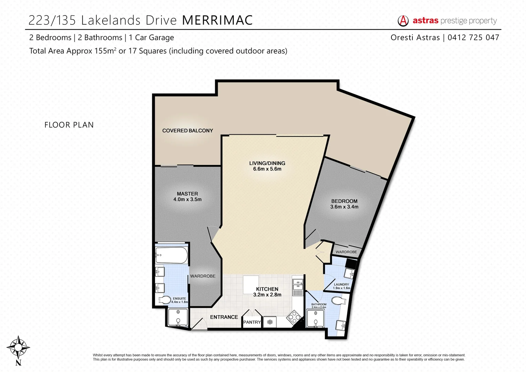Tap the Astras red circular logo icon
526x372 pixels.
point(403,21)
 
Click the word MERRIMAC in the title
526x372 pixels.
point(217,20)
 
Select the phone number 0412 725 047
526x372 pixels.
point(473,38)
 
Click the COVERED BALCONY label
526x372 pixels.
point(188,131)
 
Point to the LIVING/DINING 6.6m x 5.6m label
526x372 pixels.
point(267,166)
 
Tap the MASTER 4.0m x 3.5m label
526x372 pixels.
point(187,197)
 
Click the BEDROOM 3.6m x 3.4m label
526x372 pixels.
point(344,204)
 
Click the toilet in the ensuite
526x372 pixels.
point(165,300)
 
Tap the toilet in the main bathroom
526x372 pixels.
point(339,300)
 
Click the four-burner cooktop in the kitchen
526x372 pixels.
point(294,317)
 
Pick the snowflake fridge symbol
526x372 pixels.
point(270,322)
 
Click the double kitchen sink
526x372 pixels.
point(297,284)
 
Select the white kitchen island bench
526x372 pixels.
point(251,285)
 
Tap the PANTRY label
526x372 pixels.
point(252,322)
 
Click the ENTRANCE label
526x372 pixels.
point(224,317)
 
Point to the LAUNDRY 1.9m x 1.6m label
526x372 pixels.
point(341,286)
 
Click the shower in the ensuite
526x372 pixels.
point(178,317)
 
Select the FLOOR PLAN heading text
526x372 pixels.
point(69,125)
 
